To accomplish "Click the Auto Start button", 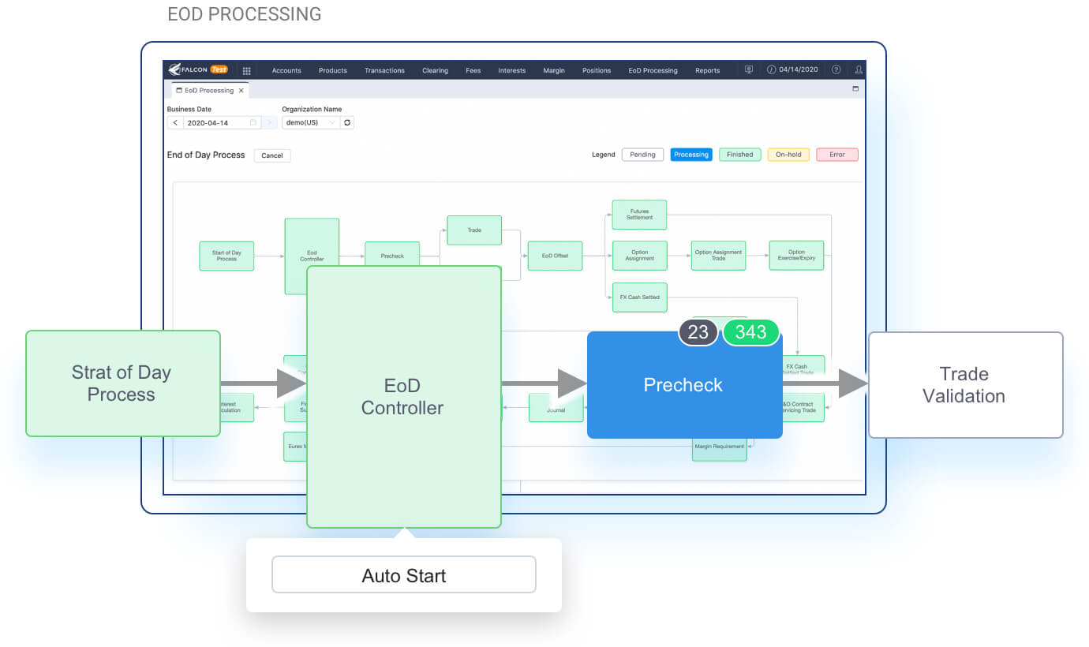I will (x=403, y=574).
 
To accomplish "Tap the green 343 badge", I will (x=750, y=332).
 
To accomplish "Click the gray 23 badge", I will (x=698, y=332).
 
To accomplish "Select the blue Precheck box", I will (x=683, y=385).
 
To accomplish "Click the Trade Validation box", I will (x=964, y=385).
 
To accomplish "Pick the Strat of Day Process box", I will (x=122, y=383).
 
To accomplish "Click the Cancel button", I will (x=272, y=155).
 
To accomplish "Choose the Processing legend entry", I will (x=691, y=155).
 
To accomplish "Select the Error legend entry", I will (x=836, y=155).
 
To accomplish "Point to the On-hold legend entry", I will (x=788, y=155).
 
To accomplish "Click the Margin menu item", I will (x=554, y=70).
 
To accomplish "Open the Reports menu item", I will (x=707, y=70).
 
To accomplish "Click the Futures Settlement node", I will (x=639, y=215).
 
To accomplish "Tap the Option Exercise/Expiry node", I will (x=796, y=256).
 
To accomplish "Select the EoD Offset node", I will (x=555, y=256).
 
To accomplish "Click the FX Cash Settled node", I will (x=639, y=297).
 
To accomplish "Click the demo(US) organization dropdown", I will (x=311, y=122).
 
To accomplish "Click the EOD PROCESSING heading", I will (x=245, y=14).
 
